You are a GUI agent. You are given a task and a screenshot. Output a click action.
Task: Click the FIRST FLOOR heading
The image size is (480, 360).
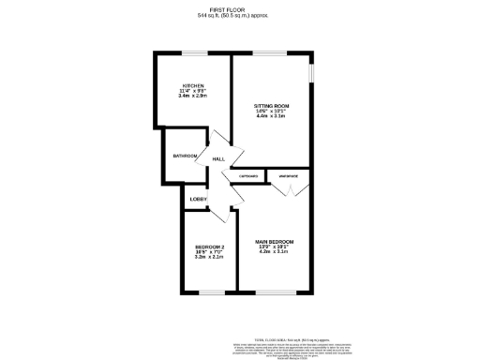(x=240, y=8)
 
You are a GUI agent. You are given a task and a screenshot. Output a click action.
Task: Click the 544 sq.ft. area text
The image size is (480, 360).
(x=240, y=16)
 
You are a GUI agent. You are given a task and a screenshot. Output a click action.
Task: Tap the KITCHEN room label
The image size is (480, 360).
(x=194, y=84)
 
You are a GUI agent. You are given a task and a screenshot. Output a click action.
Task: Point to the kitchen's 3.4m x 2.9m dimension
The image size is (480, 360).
(x=194, y=97)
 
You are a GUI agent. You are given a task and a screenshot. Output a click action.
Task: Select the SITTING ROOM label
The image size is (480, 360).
(x=271, y=106)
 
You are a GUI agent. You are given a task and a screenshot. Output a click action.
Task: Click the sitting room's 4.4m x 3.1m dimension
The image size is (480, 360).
(x=271, y=117)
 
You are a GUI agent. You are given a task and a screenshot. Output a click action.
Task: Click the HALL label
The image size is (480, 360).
(x=218, y=160)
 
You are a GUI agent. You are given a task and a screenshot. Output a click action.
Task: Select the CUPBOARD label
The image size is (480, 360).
(x=248, y=175)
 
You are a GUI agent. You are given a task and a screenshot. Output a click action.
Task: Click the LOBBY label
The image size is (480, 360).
(x=198, y=199)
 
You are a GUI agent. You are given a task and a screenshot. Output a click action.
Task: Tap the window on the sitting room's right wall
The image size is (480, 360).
(x=312, y=75)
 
